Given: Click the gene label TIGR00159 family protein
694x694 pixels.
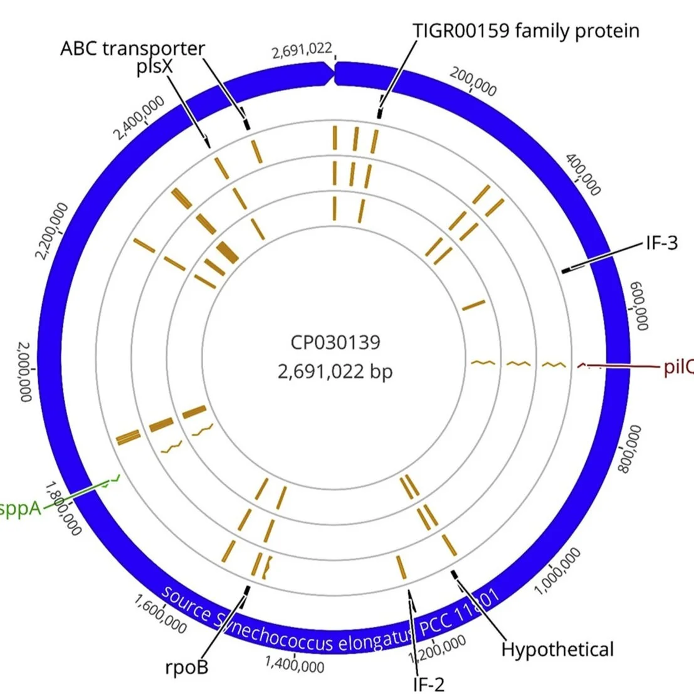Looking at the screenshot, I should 526,30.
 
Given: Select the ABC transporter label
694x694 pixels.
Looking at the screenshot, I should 132,48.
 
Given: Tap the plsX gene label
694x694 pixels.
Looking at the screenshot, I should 154,68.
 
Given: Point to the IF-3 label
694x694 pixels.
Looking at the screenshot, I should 662,243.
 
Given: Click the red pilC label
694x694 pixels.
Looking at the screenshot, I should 678,367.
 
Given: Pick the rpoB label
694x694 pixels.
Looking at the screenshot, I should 187,666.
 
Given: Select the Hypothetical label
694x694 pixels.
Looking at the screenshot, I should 557,649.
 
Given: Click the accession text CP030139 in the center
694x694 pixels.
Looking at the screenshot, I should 335,342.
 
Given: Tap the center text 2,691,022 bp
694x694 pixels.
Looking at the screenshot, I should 335,371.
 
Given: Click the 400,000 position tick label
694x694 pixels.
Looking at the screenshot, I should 584,175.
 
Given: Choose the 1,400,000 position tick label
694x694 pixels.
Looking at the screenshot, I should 295,665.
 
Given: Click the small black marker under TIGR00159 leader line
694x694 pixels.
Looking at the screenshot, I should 379,113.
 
